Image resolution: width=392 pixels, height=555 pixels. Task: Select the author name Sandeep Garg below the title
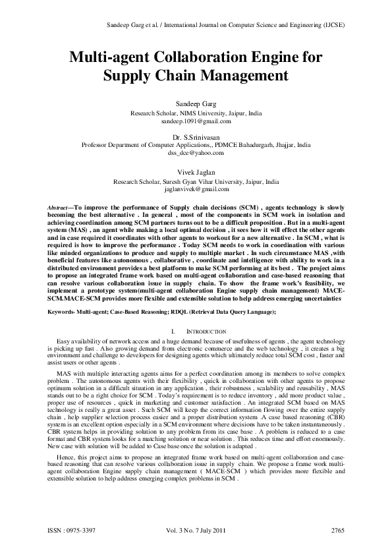(x=196, y=104)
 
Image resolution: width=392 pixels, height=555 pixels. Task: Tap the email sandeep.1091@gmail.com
(x=196, y=121)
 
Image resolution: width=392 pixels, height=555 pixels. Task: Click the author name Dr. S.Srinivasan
(x=196, y=136)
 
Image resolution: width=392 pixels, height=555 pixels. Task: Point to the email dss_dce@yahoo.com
(x=196, y=153)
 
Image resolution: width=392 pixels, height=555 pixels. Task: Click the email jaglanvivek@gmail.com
(x=196, y=189)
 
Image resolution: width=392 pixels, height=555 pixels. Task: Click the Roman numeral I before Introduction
(x=172, y=330)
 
